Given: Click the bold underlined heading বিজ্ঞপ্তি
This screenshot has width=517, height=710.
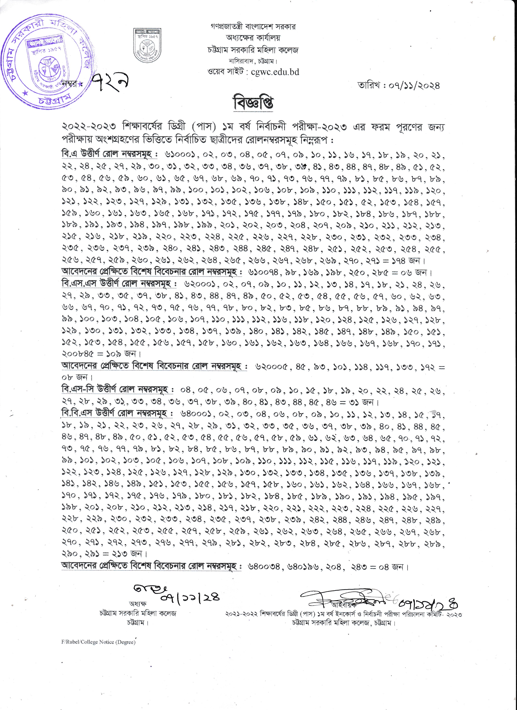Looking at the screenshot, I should pyautogui.click(x=253, y=103).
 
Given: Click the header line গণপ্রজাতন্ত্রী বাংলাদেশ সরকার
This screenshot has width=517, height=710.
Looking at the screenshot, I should pyautogui.click(x=253, y=27).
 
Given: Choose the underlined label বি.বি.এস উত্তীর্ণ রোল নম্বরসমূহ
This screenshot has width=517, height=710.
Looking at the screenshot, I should pyautogui.click(x=117, y=413).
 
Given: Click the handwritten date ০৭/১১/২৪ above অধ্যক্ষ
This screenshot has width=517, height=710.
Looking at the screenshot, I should pyautogui.click(x=190, y=597).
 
